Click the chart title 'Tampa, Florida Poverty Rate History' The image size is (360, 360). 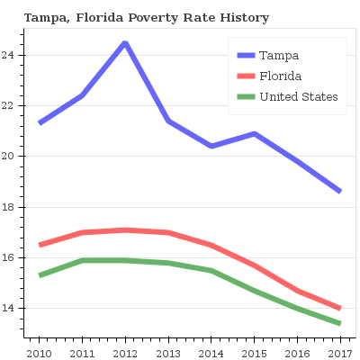[146, 18]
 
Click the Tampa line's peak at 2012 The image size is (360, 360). [125, 43]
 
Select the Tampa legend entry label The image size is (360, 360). [279, 56]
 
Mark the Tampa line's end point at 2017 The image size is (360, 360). [340, 192]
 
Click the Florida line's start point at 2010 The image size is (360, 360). [39, 245]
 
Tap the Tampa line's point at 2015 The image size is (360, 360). [255, 134]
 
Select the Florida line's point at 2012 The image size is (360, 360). [125, 230]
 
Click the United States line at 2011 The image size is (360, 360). [82, 261]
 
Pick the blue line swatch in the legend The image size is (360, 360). [244, 56]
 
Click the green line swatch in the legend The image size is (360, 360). [244, 97]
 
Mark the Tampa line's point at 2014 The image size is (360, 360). [211, 146]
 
